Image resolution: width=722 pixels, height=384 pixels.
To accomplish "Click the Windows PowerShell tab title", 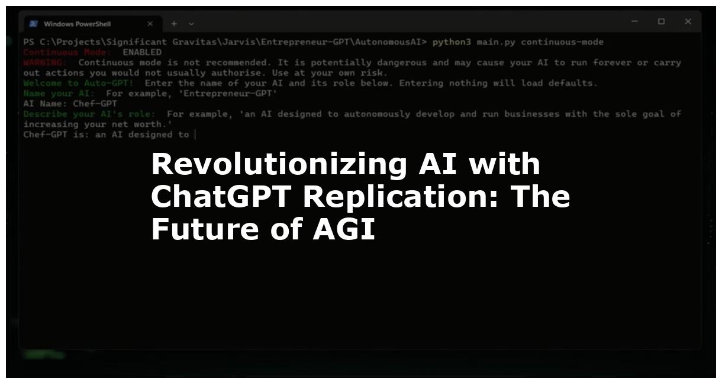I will click(x=77, y=24).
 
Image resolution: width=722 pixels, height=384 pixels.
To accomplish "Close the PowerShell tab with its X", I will click(x=150, y=24).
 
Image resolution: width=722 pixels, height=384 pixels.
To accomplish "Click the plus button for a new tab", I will click(x=174, y=24).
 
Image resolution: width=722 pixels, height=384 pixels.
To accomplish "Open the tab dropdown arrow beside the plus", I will click(x=191, y=24).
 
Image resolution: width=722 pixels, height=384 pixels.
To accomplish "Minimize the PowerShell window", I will click(x=634, y=22).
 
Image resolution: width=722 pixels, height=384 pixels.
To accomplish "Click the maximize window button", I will click(x=661, y=22).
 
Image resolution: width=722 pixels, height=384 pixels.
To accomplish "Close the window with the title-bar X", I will click(x=688, y=22).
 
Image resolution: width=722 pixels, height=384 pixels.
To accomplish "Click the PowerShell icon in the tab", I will click(x=34, y=24).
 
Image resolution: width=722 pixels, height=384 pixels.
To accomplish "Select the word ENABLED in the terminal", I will click(x=142, y=52).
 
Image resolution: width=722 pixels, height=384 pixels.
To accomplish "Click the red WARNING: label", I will click(x=45, y=62).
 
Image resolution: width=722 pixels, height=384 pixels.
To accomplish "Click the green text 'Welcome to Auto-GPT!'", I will click(x=78, y=83).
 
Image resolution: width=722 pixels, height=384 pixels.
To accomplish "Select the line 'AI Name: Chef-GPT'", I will click(x=70, y=103).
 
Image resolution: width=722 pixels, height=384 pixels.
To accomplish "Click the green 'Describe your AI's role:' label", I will click(x=89, y=113).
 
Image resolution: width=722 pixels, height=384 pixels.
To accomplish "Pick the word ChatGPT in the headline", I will click(x=222, y=197).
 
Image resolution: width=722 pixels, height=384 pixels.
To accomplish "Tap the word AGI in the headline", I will click(x=344, y=229).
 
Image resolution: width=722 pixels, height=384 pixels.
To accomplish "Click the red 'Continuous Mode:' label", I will click(x=67, y=52).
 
